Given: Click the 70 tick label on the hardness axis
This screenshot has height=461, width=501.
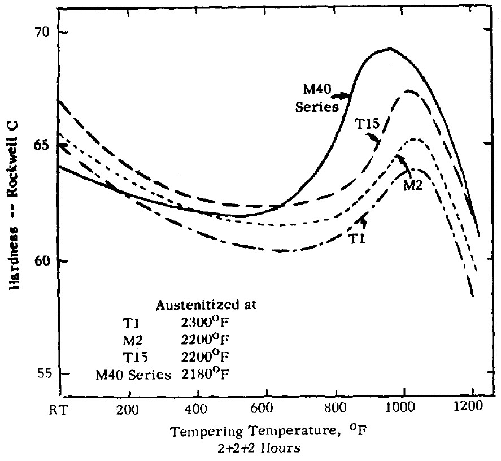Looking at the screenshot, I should pyautogui.click(x=43, y=32).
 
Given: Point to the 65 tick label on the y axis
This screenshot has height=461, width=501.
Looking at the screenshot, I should pyautogui.click(x=43, y=145).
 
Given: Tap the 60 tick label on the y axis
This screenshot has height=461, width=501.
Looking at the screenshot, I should pyautogui.click(x=43, y=261).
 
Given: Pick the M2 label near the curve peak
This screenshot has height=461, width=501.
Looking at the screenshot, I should pyautogui.click(x=412, y=186).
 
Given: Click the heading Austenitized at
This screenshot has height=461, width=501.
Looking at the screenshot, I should pyautogui.click(x=206, y=306).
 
